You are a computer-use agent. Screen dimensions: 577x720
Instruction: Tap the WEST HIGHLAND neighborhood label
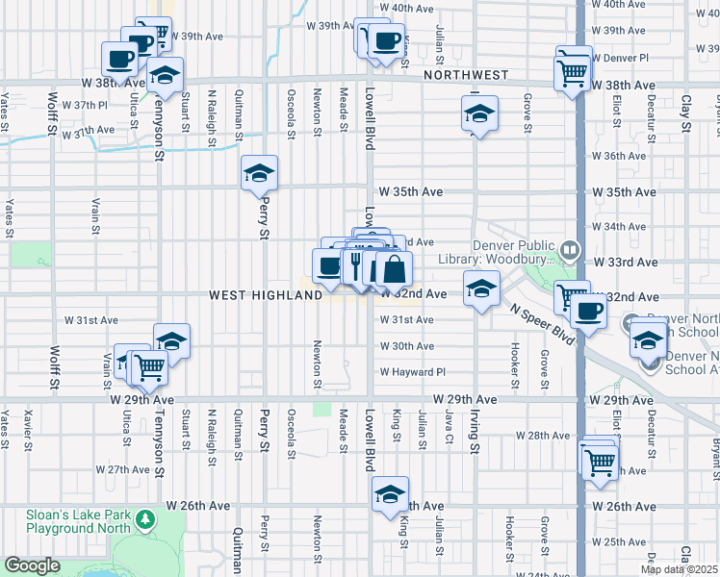click(266, 295)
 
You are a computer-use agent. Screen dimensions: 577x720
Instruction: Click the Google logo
click(32, 565)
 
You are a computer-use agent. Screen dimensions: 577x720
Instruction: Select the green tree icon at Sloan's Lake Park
click(145, 520)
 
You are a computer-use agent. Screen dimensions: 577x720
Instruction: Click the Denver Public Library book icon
click(571, 252)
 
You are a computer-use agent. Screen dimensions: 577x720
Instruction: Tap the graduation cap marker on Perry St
click(259, 174)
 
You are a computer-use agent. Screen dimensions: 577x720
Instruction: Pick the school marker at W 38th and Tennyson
click(166, 76)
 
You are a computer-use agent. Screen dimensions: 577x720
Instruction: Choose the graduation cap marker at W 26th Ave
click(390, 495)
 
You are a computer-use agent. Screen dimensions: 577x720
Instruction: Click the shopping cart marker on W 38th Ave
click(573, 72)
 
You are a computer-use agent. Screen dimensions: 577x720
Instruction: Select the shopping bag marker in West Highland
click(394, 269)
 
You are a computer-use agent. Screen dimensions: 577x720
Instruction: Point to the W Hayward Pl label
click(413, 372)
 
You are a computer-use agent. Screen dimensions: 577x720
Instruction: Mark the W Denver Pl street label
click(624, 58)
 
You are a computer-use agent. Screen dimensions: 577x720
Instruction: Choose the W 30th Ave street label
click(406, 346)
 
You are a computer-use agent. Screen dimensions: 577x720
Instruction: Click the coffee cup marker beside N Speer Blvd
click(588, 312)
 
